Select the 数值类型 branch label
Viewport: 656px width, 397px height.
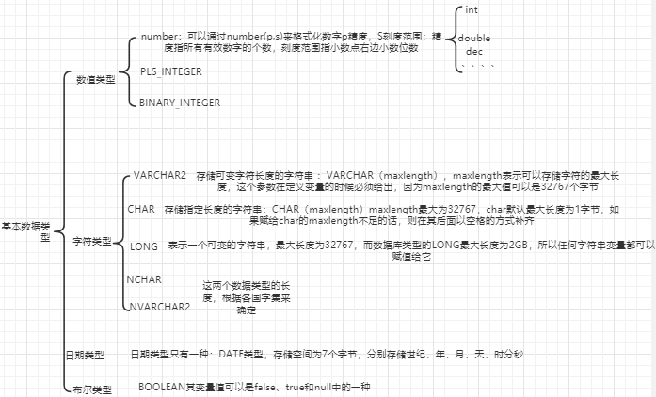point(96,81)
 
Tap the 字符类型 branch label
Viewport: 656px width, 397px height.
point(92,242)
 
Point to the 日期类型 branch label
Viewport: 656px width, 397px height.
point(84,355)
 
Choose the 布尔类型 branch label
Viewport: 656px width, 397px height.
point(91,389)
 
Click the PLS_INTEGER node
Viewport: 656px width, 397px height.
point(170,71)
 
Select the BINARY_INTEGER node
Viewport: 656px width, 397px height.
point(180,103)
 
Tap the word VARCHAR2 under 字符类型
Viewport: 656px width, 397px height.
point(160,176)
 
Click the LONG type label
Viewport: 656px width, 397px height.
point(144,246)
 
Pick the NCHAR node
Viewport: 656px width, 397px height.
point(144,279)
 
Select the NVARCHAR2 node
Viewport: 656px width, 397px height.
point(159,306)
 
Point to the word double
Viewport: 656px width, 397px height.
point(473,38)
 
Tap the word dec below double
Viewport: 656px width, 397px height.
point(473,50)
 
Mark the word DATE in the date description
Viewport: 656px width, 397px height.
point(231,354)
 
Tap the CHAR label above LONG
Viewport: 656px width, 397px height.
point(140,208)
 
